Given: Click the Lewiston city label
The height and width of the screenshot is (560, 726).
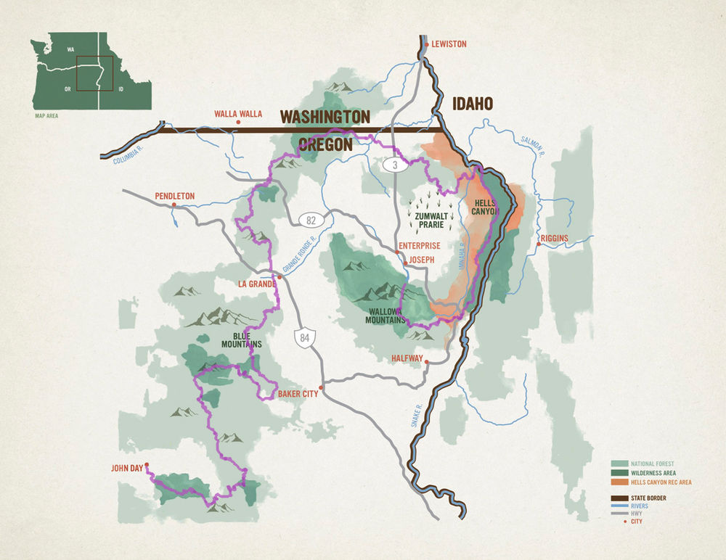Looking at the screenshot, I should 449,44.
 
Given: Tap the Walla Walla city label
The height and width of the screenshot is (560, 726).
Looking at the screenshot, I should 237,114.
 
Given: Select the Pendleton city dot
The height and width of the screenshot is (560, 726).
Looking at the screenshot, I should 175,206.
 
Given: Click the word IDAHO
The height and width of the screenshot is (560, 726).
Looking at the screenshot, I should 473,104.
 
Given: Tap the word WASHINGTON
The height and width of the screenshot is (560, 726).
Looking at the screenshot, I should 325,117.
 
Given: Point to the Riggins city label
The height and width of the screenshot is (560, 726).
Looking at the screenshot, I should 553,238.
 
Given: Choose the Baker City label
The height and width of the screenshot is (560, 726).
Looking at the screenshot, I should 298,394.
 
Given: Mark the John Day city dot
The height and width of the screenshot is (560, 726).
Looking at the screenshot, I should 147,465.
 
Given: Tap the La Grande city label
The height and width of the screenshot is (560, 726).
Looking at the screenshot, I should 256,284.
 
